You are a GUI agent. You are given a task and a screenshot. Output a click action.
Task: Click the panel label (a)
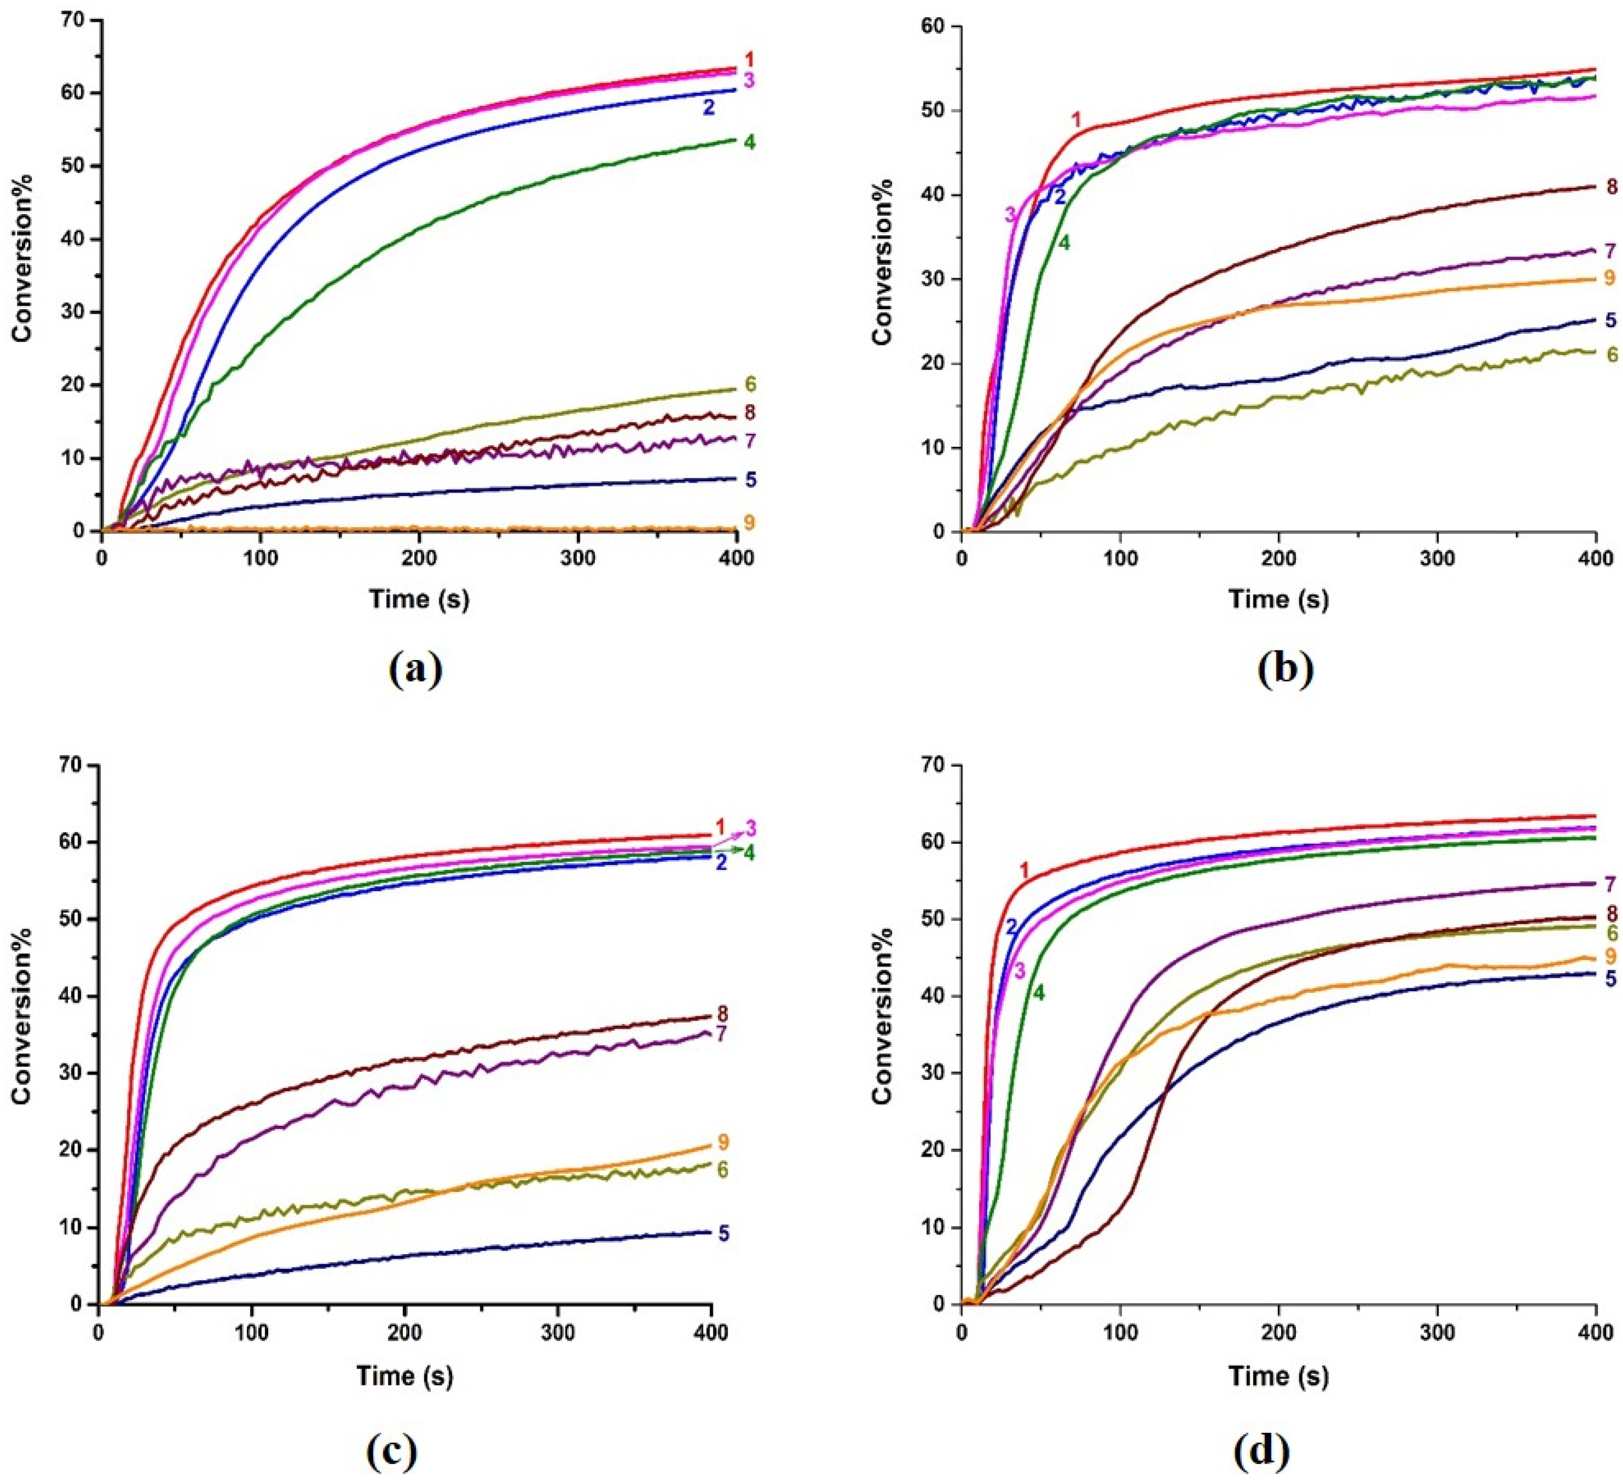[416, 669]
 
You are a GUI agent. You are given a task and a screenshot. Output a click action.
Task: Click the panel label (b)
[1285, 669]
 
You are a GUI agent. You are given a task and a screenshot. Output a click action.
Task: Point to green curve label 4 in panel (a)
[749, 143]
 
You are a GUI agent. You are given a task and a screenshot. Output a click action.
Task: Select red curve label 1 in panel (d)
[1024, 870]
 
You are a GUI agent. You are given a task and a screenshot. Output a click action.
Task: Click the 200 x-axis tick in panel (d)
[1278, 1332]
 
